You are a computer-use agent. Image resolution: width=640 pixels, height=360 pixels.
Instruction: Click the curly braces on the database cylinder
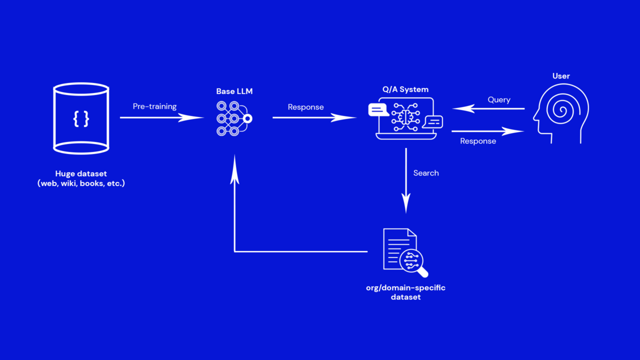(x=81, y=118)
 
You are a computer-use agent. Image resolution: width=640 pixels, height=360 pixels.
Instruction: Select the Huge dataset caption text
(x=81, y=178)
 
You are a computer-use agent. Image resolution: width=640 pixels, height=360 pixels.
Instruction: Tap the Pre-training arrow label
(x=154, y=106)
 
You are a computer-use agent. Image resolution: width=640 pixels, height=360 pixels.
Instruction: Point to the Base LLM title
(x=234, y=91)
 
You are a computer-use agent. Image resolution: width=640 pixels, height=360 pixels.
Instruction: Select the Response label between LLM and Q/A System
(x=305, y=107)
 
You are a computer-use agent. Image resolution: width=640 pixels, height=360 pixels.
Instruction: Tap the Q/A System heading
(x=405, y=89)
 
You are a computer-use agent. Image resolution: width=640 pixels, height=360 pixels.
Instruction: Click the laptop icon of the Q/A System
(x=405, y=120)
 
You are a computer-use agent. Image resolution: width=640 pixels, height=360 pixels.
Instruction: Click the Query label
(x=498, y=99)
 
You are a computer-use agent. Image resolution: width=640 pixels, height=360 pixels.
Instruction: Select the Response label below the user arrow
(x=478, y=141)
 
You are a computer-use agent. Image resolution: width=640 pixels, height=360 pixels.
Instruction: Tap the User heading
(x=561, y=76)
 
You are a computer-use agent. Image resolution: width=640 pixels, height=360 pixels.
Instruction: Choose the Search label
(x=426, y=173)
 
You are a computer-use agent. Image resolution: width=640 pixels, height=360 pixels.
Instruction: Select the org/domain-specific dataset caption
(x=405, y=292)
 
